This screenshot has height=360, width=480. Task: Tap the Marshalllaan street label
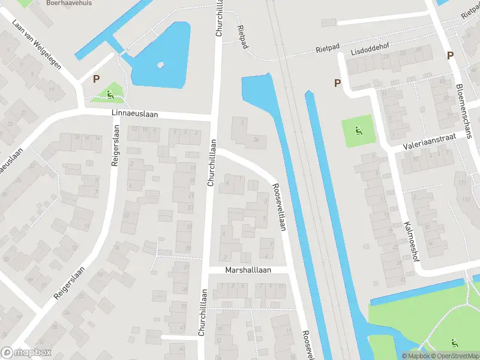248,270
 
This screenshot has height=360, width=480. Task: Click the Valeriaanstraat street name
430,142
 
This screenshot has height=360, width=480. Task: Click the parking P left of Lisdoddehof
338,83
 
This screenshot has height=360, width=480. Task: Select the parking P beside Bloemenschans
450,56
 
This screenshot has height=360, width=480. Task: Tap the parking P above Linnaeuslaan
96,79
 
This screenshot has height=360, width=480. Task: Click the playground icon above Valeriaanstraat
358,131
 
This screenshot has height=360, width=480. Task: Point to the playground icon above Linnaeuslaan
110,94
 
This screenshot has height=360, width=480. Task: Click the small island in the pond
160,65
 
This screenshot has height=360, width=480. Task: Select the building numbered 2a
256,139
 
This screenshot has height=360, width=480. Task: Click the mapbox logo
26,353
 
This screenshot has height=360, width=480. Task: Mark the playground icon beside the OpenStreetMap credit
454,343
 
